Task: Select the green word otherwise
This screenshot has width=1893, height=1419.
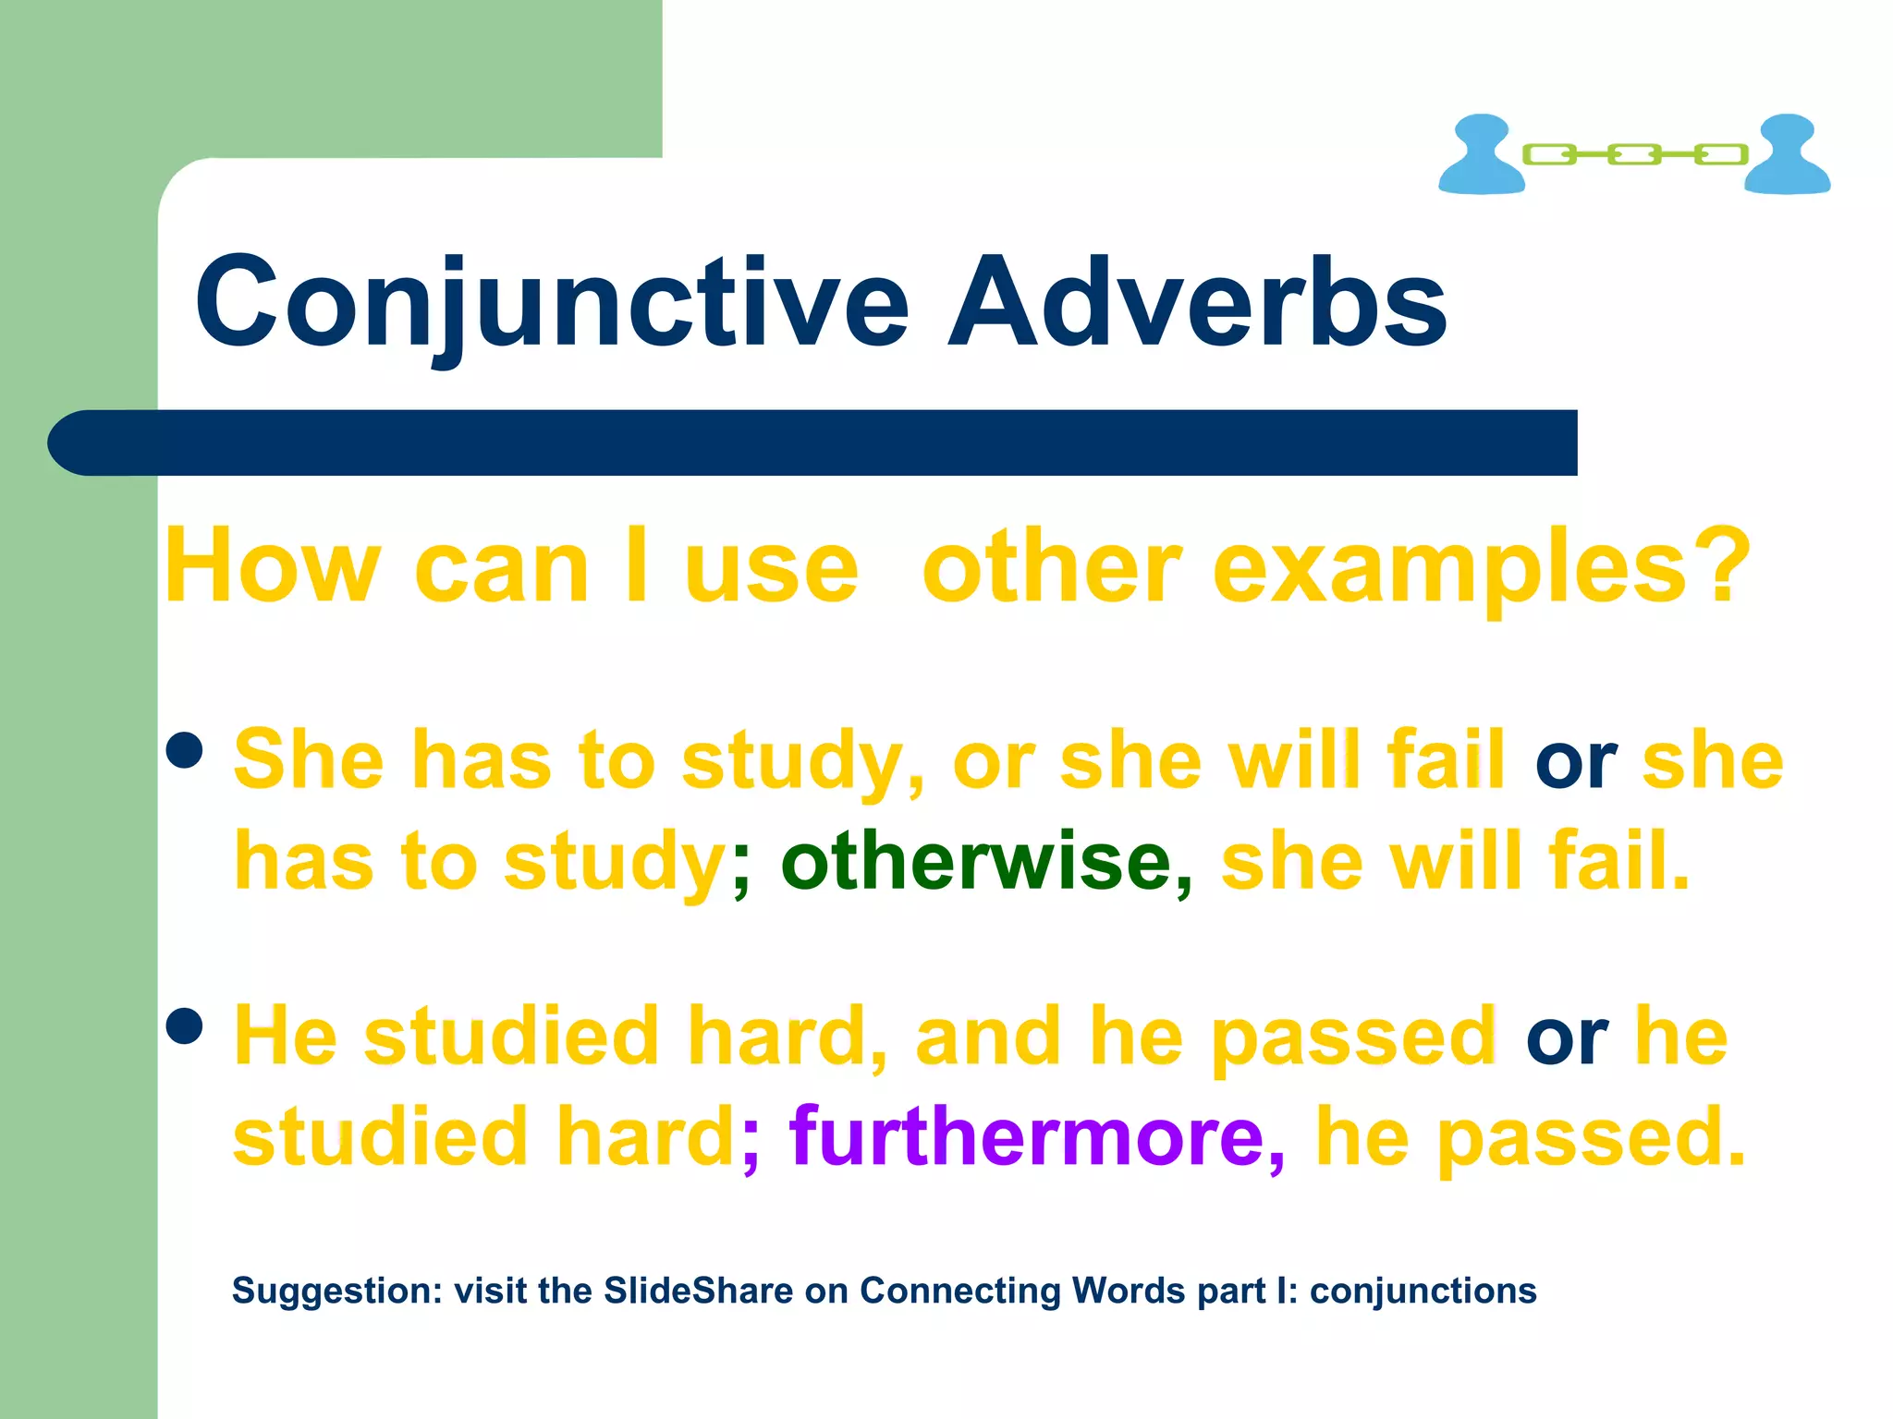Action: [x=976, y=861]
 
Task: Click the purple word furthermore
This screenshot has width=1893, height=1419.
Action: [x=1026, y=1136]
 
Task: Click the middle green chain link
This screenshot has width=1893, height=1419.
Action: [x=1634, y=154]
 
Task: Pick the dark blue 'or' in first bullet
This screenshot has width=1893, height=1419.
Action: [x=1575, y=763]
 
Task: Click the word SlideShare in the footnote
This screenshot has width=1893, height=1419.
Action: [x=699, y=1291]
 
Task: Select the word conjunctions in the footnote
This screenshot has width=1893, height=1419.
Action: [x=1423, y=1292]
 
